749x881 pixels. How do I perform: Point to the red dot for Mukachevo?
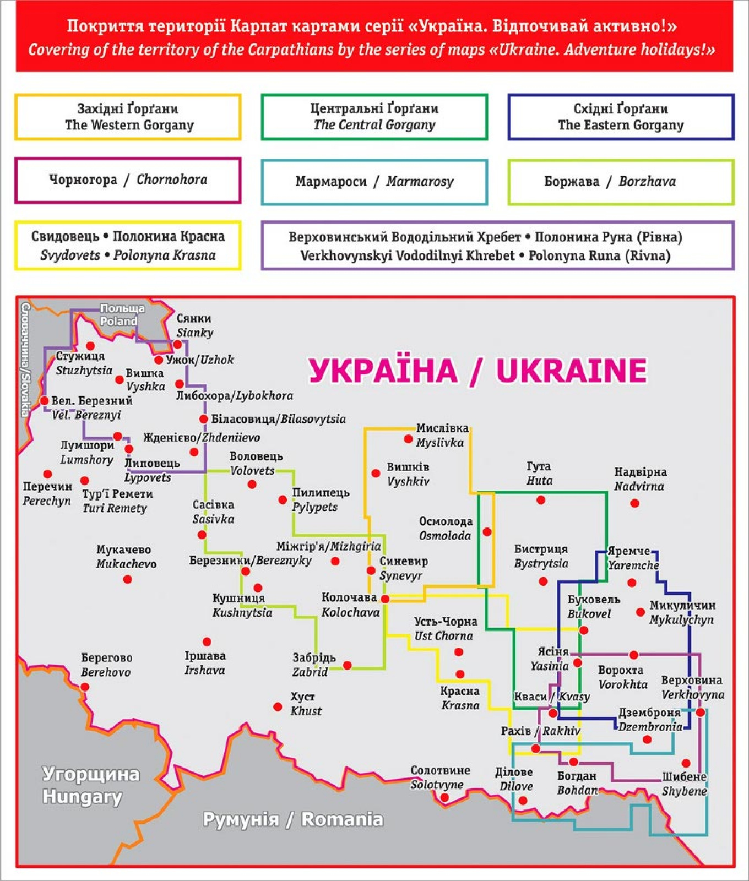(x=128, y=579)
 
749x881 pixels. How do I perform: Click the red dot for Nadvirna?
(x=634, y=503)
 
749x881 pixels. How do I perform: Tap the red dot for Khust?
(x=278, y=706)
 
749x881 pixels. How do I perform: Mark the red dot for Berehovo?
(x=85, y=687)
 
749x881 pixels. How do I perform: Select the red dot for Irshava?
(x=207, y=641)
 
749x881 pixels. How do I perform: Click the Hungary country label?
(x=91, y=785)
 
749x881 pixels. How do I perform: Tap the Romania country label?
(x=293, y=819)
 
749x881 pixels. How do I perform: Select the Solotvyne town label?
(x=439, y=777)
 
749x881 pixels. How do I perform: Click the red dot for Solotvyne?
(x=444, y=797)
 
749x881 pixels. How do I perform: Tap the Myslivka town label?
(x=442, y=435)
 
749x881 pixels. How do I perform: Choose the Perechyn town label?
(x=47, y=493)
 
